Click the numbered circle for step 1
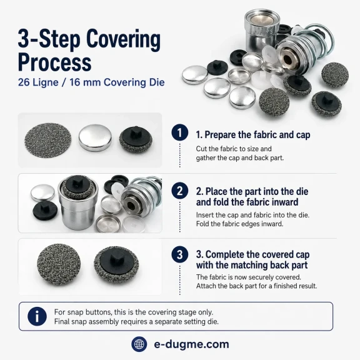coord(180,132)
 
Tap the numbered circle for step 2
coord(180,191)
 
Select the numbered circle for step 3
coord(180,254)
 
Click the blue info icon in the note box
coord(37,316)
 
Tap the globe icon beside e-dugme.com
coord(139,344)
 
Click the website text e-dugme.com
coord(191,344)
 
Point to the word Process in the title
coord(54,62)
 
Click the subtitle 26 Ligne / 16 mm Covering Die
coord(91,82)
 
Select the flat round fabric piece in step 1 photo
coord(47,140)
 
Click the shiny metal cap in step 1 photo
coord(95,138)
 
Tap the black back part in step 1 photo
coord(136,140)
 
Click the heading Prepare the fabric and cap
coord(257,135)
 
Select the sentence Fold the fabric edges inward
coord(239,224)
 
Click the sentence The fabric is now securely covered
coord(248,277)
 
